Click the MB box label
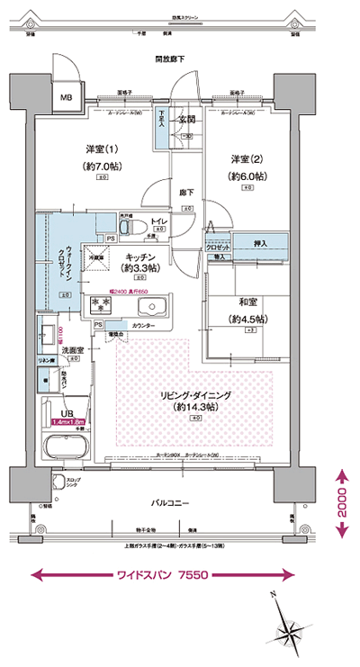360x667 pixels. tap(66, 96)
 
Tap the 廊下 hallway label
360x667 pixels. tap(186, 192)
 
